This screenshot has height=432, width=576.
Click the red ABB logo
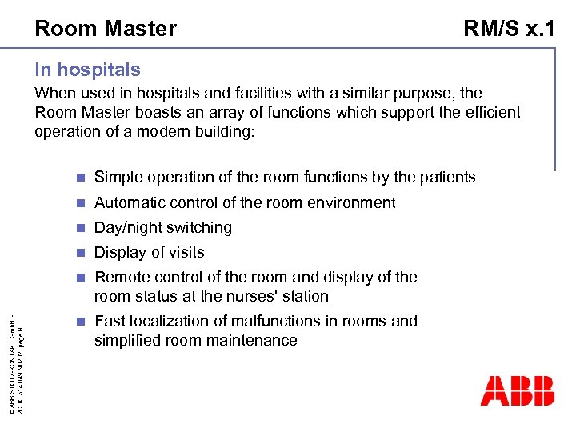pos(517,390)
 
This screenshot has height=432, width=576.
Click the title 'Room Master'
pos(106,29)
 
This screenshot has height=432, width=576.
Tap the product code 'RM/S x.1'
pos(509,29)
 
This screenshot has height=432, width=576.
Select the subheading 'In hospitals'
pos(87,70)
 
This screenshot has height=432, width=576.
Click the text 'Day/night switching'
pos(163,227)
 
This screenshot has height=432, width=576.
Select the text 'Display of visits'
pos(150,252)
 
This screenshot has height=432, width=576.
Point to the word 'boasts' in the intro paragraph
pos(162,113)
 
